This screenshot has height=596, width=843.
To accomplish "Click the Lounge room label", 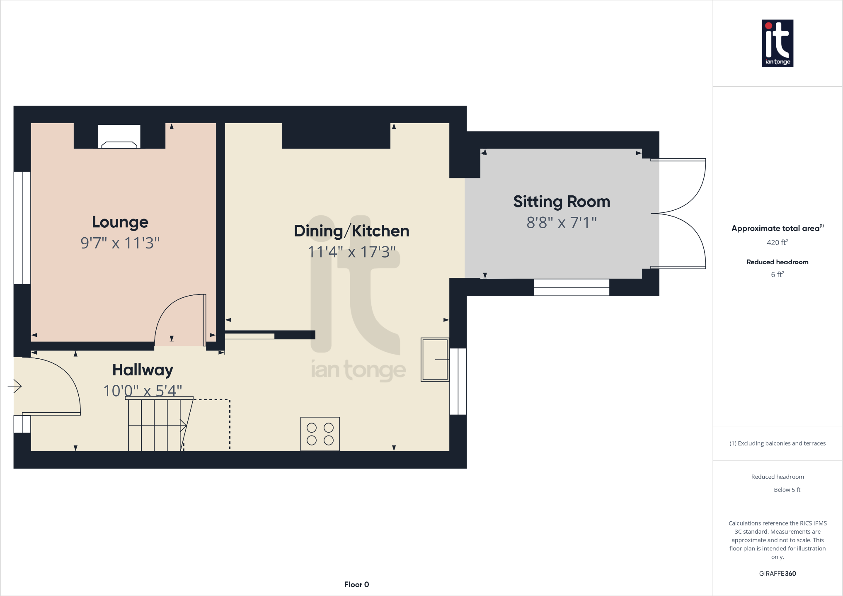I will [x=120, y=222].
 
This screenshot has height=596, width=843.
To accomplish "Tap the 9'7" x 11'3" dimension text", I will [x=120, y=243].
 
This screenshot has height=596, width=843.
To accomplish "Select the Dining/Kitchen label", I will [x=351, y=231].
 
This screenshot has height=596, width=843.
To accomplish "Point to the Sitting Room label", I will [x=562, y=202].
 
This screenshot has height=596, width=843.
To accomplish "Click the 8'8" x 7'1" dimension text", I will [x=562, y=223].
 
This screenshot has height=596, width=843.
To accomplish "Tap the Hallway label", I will [x=143, y=370].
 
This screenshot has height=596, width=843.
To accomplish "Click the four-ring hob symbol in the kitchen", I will [x=320, y=434].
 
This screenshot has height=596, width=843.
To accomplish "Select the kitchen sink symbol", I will [x=435, y=360].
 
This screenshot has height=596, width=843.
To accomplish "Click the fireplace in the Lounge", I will [x=119, y=137].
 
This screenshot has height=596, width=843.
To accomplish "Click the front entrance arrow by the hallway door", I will [x=15, y=386].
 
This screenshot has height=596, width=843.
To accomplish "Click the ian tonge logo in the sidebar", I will [x=777, y=43].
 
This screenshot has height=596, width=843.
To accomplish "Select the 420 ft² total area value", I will [x=777, y=243].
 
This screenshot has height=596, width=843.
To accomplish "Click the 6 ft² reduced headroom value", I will [x=777, y=275].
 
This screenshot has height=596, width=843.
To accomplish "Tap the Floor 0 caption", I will [x=356, y=584].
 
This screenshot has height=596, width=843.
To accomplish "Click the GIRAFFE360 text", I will [x=777, y=574].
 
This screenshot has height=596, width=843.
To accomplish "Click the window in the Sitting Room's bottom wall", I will [x=572, y=287].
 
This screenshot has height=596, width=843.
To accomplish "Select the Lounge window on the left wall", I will [x=22, y=228].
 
